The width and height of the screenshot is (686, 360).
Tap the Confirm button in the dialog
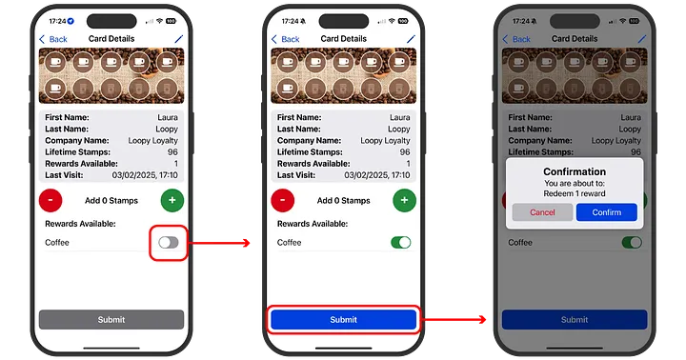[606, 212]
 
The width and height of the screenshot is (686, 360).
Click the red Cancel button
[542, 212]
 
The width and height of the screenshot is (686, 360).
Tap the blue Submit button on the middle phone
[343, 320]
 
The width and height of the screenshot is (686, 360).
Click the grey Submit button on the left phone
[111, 320]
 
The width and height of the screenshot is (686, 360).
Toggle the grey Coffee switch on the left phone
[169, 242]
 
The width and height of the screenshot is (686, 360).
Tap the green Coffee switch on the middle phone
[401, 242]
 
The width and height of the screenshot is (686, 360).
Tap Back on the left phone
[53, 39]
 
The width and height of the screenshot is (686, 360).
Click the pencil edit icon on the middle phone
[411, 39]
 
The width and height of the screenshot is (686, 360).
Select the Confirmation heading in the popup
[575, 171]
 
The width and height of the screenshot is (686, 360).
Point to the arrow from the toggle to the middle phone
[220, 243]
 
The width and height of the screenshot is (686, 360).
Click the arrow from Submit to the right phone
[454, 319]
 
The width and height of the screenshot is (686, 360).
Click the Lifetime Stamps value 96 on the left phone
[172, 151]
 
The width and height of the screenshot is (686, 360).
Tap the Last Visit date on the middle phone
[377, 175]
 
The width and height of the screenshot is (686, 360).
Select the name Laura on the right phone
[631, 117]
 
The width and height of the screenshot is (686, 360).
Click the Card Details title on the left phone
[111, 38]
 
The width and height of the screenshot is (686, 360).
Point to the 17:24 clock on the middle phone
[290, 21]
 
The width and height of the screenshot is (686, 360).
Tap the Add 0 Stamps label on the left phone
[111, 200]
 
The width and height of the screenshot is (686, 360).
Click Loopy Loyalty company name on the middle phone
[385, 140]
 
